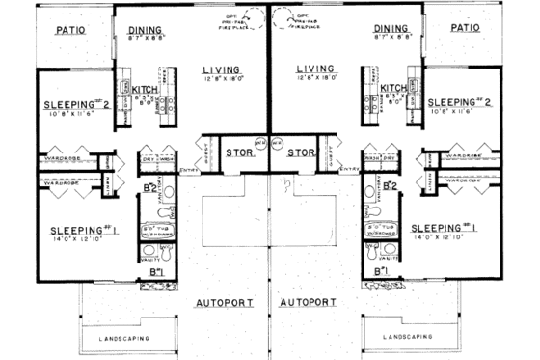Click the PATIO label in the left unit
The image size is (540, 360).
tap(72, 30)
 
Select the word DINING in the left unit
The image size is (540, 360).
tap(146, 31)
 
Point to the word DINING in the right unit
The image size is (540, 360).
tap(391, 30)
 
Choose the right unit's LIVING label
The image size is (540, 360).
tap(315, 69)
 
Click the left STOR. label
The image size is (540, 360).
tap(239, 153)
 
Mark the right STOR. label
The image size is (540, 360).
tap(301, 153)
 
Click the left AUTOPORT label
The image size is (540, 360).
tap(226, 303)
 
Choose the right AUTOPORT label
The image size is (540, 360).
tap(309, 303)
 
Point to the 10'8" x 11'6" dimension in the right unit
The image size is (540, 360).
tap(458, 112)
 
